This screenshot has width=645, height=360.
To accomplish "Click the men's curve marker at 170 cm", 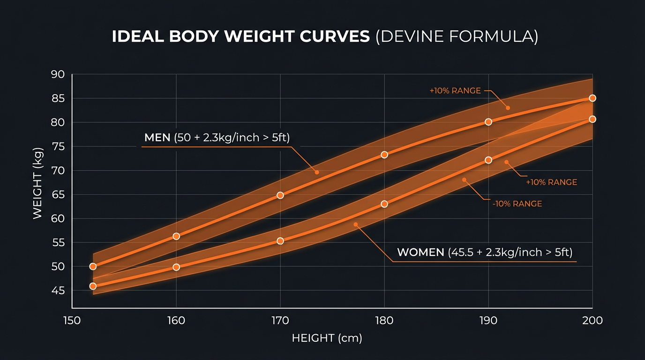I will (280, 195).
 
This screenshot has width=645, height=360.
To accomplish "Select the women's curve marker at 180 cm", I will (384, 204).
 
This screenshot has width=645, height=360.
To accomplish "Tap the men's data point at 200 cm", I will (592, 98).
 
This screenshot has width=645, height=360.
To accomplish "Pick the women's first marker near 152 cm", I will (93, 286).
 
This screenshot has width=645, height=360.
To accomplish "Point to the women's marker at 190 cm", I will (488, 160).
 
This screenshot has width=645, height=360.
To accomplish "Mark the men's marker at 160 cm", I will (176, 236).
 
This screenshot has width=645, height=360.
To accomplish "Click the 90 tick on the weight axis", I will (57, 75).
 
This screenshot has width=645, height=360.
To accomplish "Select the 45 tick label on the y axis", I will (57, 291).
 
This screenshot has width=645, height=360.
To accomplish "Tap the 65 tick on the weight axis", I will (57, 195).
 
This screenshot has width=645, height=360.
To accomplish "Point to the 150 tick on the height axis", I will (72, 321).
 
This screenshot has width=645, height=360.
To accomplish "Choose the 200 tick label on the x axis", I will (592, 321).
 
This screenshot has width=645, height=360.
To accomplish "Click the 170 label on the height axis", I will (280, 321).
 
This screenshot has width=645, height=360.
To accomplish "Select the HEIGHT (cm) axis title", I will (327, 338).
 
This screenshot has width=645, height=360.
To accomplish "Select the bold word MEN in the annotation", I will (157, 137).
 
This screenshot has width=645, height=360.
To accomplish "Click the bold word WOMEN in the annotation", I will (420, 252).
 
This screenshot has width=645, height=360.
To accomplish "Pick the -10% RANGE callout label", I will (517, 204).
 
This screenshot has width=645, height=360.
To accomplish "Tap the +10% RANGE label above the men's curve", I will (455, 91).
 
